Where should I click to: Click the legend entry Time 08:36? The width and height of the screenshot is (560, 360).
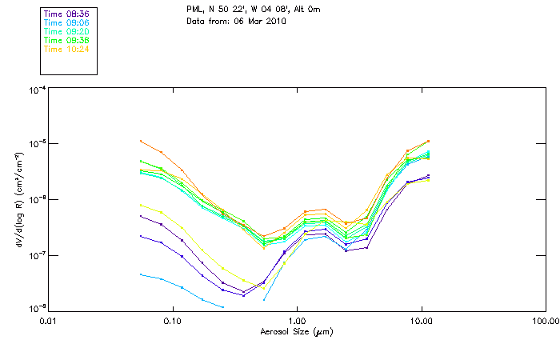click(66, 14)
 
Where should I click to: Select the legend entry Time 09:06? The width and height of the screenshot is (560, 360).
click(66, 22)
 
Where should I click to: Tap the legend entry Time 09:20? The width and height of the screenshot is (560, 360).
click(66, 31)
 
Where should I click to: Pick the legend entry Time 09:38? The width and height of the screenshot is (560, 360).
click(66, 40)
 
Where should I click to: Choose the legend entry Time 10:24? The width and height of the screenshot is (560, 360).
click(66, 49)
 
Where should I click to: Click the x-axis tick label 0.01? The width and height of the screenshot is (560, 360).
click(48, 319)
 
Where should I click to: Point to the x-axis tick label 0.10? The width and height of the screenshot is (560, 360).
click(172, 319)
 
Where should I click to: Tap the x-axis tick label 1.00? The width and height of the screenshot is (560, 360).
click(297, 319)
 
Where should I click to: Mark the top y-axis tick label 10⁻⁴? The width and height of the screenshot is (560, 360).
click(37, 90)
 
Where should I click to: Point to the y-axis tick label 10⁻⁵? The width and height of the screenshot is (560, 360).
click(37, 145)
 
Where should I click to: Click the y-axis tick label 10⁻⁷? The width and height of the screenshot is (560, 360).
click(37, 255)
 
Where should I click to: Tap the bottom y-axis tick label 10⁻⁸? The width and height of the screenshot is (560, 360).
click(37, 309)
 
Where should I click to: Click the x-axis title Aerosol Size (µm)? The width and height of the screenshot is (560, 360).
click(296, 330)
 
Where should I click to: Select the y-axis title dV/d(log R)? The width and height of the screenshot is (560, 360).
click(18, 200)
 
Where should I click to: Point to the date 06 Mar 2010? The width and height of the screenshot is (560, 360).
click(260, 20)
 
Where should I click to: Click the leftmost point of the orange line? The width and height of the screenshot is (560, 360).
click(141, 141)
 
